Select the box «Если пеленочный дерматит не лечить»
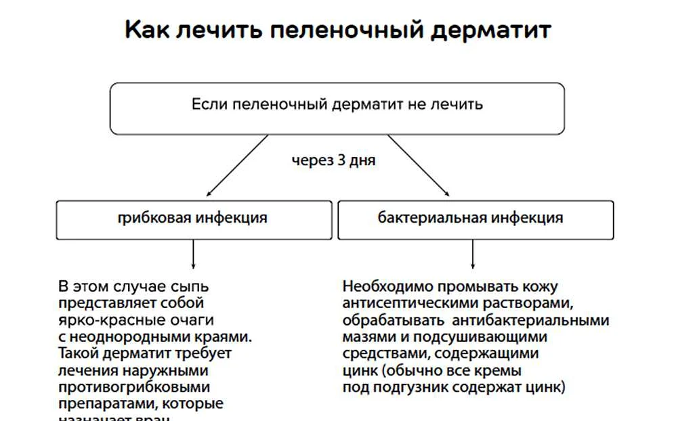tap(337, 108)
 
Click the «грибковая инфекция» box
tap(194, 219)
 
